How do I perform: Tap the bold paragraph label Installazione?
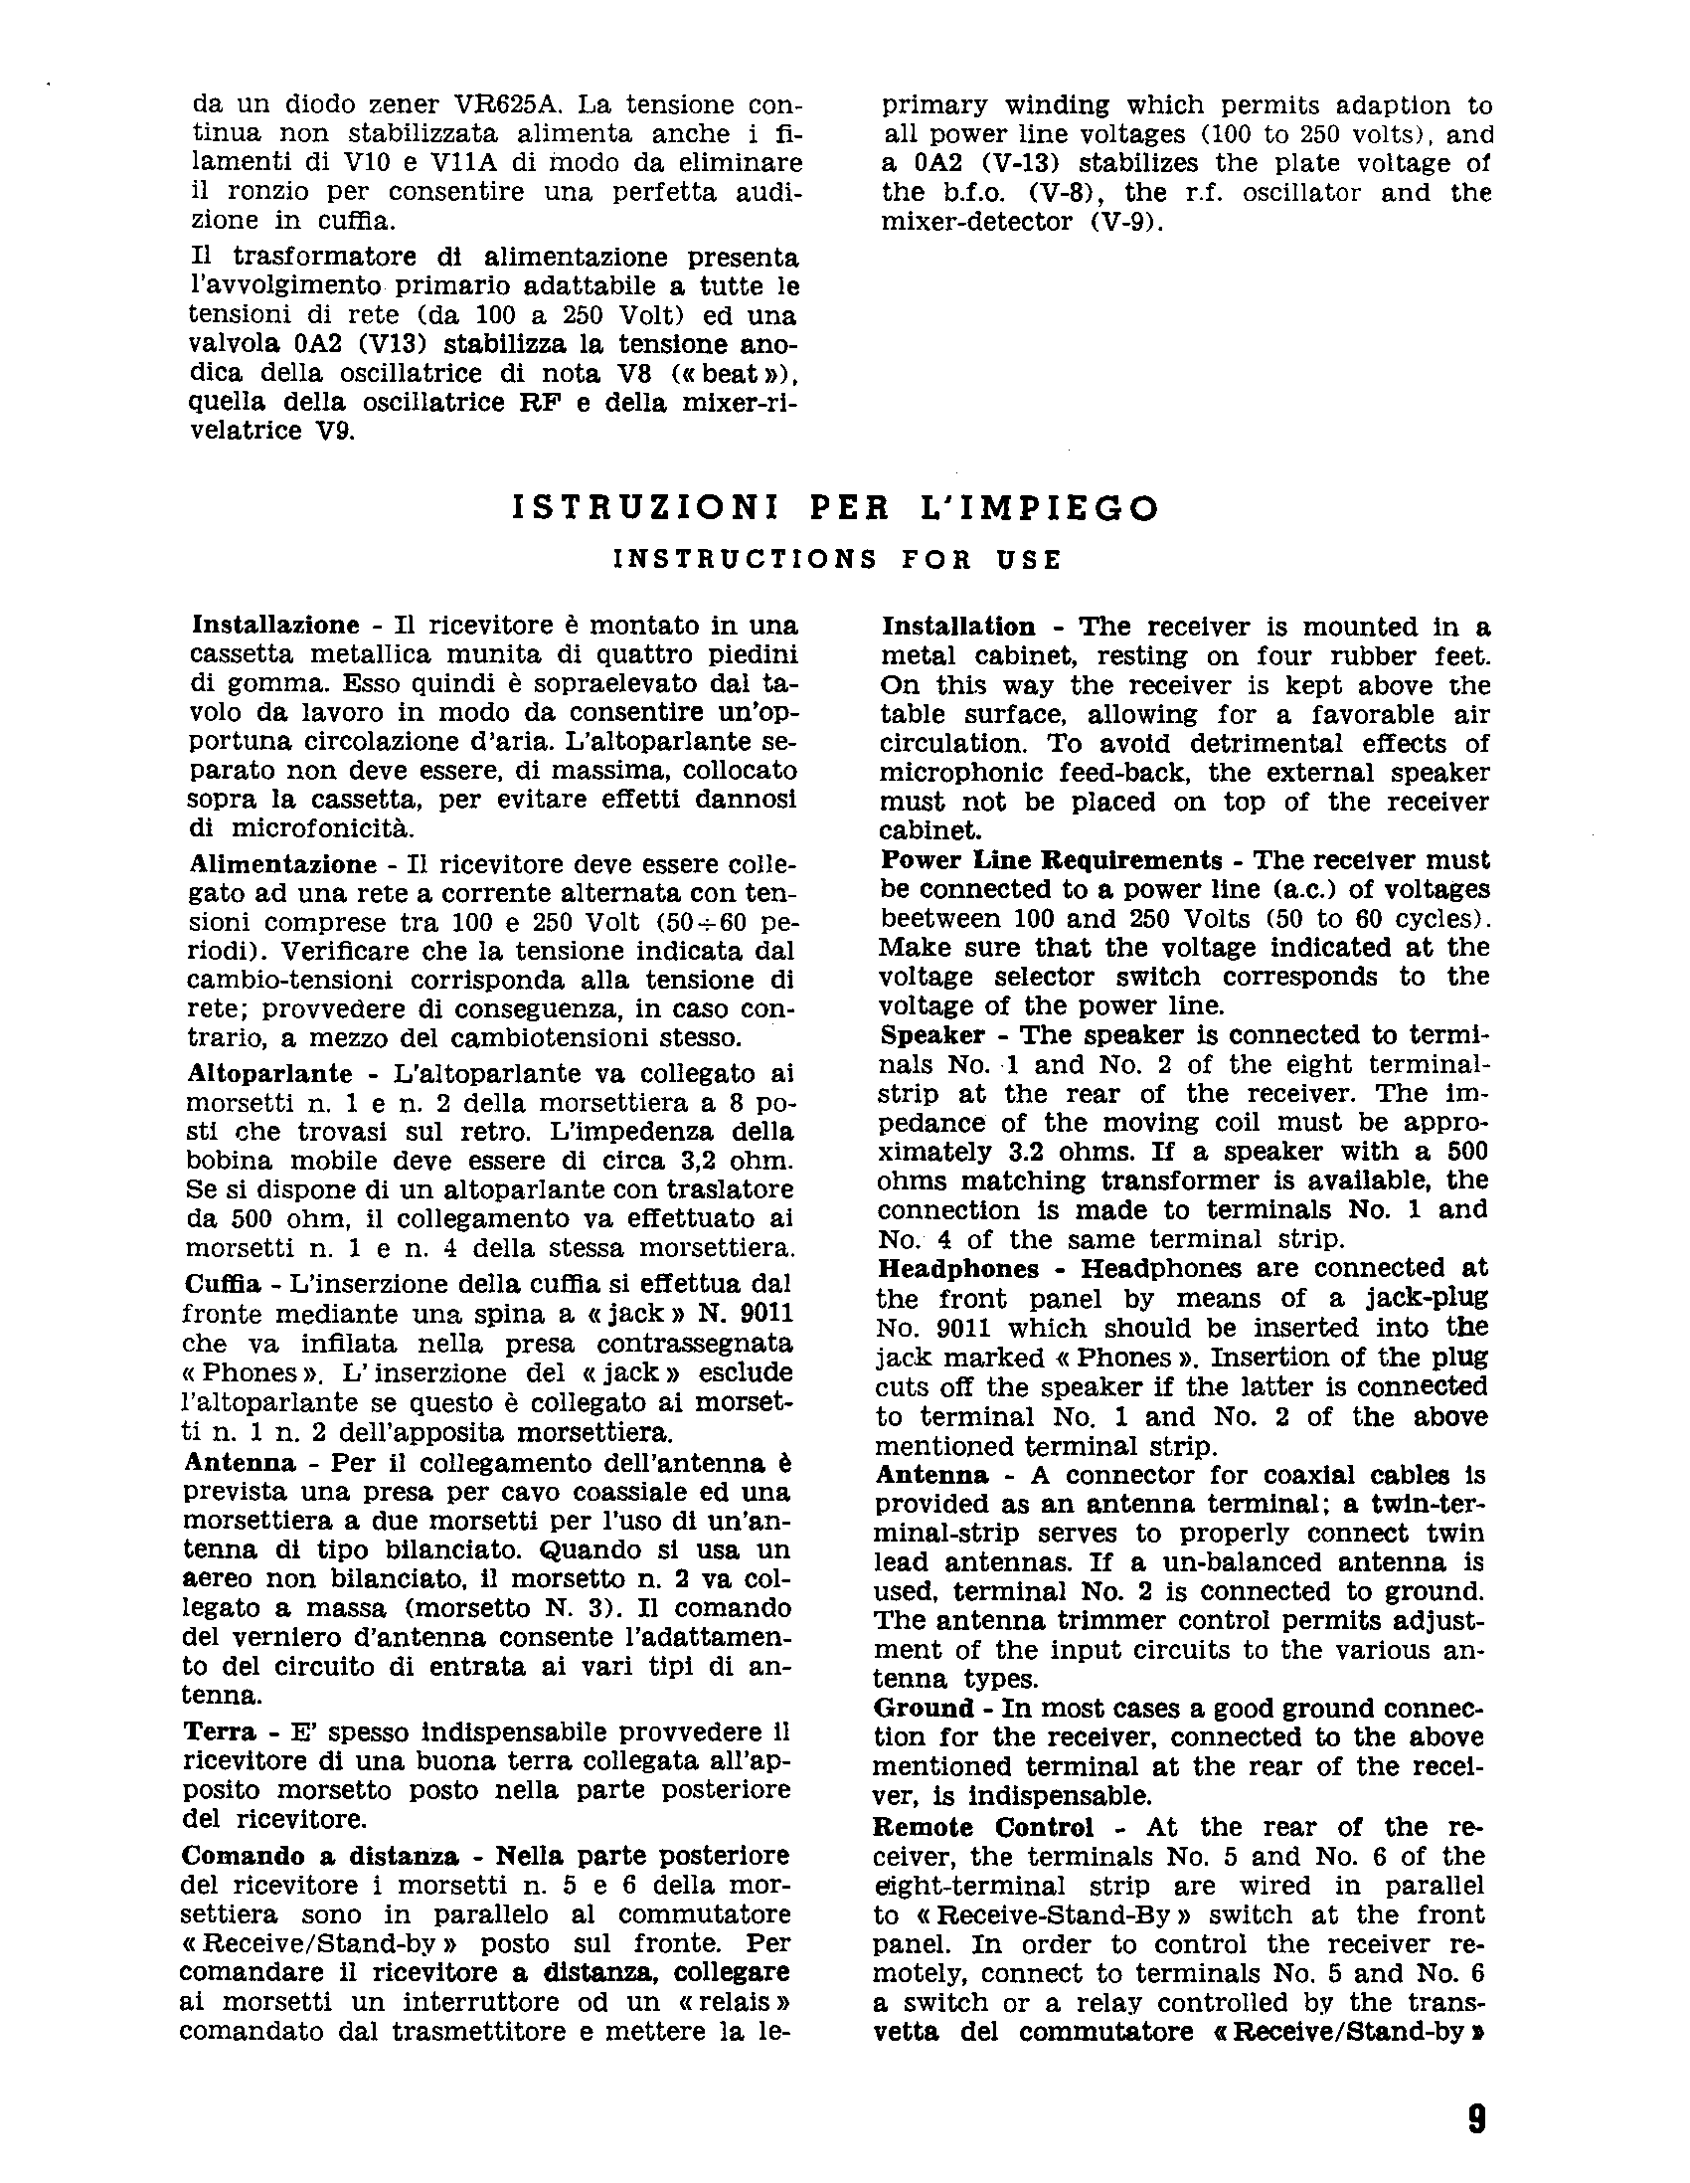[274, 626]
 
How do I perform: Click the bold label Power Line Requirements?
[1052, 860]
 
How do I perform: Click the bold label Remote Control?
[983, 1827]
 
